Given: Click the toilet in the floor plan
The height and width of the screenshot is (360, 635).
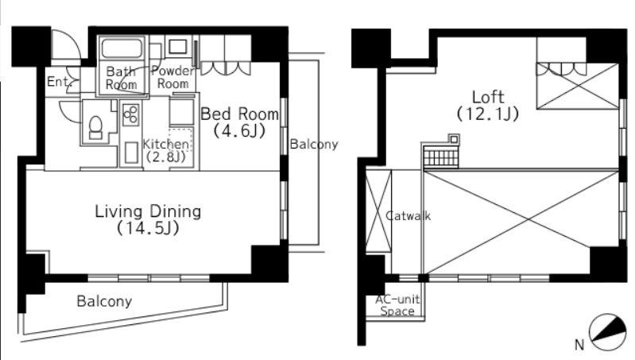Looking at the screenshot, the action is [96, 126].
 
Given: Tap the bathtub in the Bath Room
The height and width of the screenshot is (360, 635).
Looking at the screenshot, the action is [122, 48].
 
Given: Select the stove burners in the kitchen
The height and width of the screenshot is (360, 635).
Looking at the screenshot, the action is [131, 114].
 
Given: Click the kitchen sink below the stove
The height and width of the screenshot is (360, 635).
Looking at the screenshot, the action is [131, 152].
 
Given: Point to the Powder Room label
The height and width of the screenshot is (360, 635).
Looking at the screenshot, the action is [173, 77].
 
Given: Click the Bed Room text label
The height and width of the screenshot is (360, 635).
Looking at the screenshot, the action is [240, 114].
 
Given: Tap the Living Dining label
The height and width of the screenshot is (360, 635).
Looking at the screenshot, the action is [148, 211].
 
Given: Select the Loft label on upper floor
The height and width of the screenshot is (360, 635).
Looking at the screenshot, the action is [488, 97].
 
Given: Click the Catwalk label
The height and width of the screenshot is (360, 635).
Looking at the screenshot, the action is [408, 216].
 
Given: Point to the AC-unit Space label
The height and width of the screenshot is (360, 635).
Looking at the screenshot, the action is [397, 305].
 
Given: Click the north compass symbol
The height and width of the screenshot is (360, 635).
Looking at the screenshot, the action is [607, 332].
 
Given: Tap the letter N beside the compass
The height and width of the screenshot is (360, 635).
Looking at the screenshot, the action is [579, 345].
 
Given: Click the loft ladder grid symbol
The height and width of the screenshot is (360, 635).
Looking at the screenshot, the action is [441, 157].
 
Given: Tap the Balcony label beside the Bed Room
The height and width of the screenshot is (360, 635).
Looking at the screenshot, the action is [314, 144].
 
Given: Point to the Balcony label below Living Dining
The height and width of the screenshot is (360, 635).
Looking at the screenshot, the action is [104, 301].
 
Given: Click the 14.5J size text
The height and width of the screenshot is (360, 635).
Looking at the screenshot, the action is [148, 228].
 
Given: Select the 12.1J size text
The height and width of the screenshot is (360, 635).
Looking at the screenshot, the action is [488, 114].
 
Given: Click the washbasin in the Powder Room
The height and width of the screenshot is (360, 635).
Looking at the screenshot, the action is [177, 47].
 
